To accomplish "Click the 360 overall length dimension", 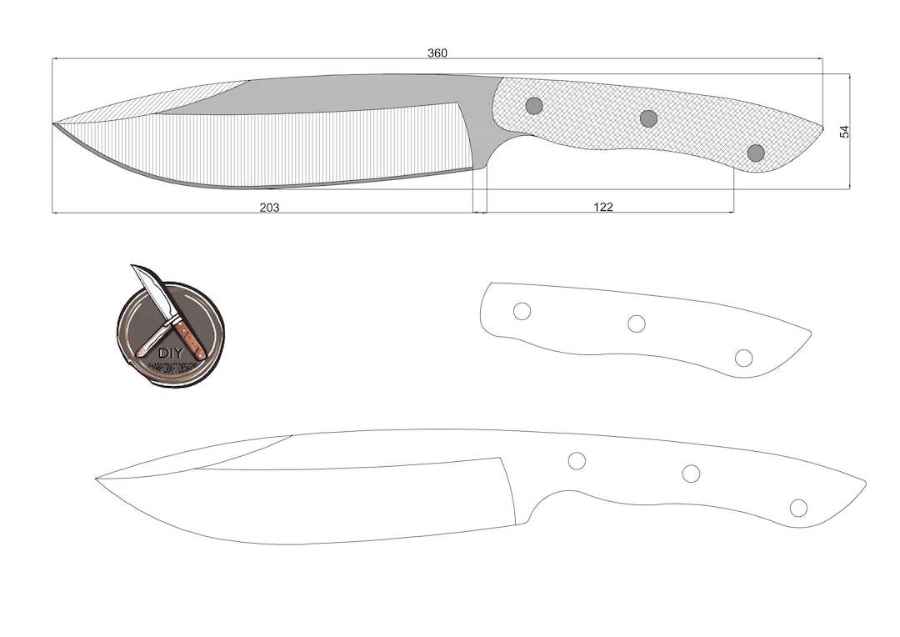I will tap(437, 53).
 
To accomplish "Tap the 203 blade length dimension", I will tap(269, 207).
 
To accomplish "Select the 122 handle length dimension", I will tap(603, 207).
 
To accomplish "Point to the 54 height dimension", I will tap(844, 131).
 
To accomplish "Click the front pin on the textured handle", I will tap(534, 106).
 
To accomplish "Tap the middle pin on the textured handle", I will tap(648, 118).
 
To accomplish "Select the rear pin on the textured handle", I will tap(756, 153).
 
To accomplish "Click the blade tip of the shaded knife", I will tap(54, 124).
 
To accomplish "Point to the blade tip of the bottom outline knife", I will tap(97, 479).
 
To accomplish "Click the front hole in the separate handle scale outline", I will tap(522, 311).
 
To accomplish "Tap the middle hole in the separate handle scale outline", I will tap(637, 324).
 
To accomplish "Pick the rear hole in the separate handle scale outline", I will tap(744, 358).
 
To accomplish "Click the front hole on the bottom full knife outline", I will tap(577, 460).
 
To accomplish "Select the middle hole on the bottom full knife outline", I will tap(691, 474).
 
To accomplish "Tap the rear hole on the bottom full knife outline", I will tap(798, 508).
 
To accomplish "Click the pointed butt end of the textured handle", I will tap(822, 128).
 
